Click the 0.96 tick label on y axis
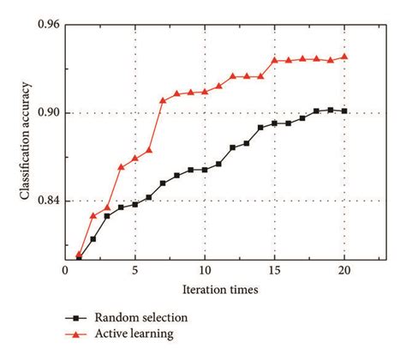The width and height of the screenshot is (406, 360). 49,25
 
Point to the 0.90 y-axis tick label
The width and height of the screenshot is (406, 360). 49,112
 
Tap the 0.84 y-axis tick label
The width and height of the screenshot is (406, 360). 49,201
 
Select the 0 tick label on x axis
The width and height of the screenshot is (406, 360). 65,270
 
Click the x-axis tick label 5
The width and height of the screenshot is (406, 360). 134,270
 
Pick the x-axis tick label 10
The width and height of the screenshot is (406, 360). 205,270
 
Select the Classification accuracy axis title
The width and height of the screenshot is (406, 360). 26,141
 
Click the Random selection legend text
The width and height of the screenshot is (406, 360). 141,318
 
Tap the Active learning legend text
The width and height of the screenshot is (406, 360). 136,333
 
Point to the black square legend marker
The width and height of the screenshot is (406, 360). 76,318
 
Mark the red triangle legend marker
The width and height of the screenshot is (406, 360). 76,333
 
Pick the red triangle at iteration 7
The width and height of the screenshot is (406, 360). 163,100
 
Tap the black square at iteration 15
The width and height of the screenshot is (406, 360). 274,123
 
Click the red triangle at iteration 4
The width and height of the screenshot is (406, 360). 121,166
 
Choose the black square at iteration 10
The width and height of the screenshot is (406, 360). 205,170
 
